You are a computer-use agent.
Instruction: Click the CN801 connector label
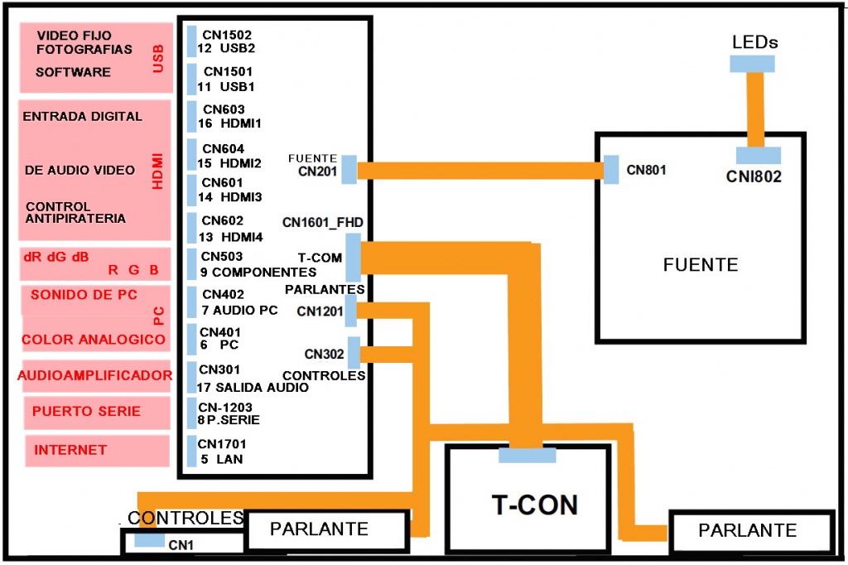pyautogui.click(x=646, y=170)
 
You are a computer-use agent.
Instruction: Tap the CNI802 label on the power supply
pyautogui.click(x=754, y=176)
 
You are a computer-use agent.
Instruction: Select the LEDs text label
pyautogui.click(x=754, y=42)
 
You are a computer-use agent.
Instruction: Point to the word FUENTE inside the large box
pyautogui.click(x=700, y=265)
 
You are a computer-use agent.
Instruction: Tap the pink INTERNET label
pyautogui.click(x=70, y=450)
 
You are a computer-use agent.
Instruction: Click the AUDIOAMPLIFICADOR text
pyautogui.click(x=94, y=375)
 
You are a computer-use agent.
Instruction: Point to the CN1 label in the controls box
pyautogui.click(x=181, y=545)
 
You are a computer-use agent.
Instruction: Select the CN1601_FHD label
pyautogui.click(x=323, y=222)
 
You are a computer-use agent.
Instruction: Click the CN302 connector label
pyautogui.click(x=324, y=354)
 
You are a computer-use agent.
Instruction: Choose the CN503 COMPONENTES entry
pyautogui.click(x=257, y=264)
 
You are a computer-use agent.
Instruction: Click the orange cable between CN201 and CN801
pyautogui.click(x=480, y=170)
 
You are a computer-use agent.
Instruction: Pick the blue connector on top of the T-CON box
pyautogui.click(x=527, y=454)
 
